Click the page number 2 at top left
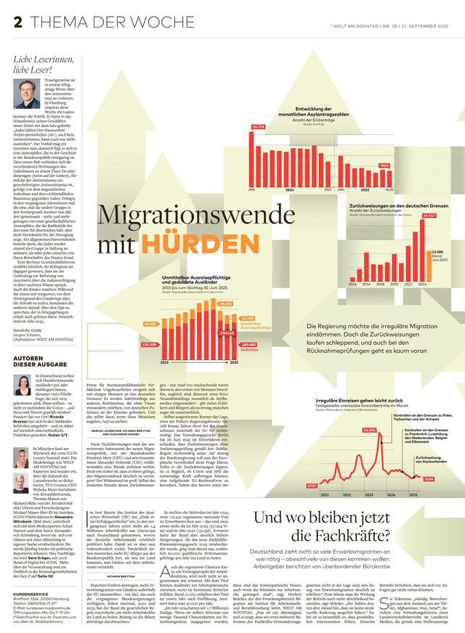[x=17, y=23]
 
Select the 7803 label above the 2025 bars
[x=384, y=166]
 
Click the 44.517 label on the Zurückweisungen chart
[x=429, y=216]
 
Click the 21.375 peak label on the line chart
[x=368, y=430]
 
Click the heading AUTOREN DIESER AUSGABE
[x=39, y=361]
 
